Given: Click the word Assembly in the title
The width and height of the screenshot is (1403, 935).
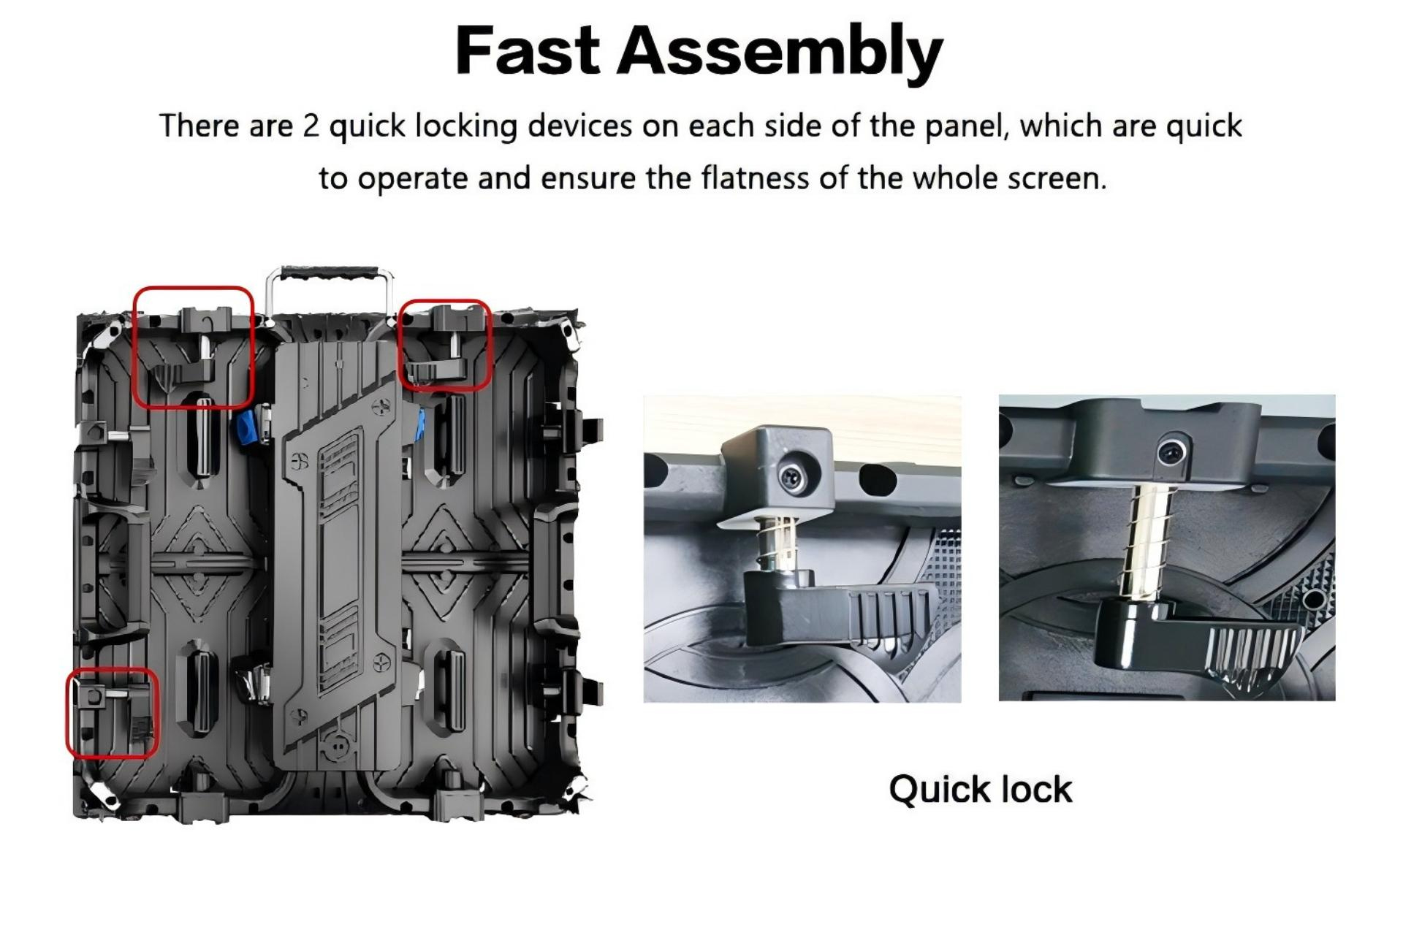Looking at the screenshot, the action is point(780,53).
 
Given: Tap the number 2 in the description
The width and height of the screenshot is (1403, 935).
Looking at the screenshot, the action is point(311,126).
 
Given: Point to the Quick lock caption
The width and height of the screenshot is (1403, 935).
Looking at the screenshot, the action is point(980,790).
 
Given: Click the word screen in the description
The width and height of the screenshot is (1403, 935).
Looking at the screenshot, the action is point(1057,180).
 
